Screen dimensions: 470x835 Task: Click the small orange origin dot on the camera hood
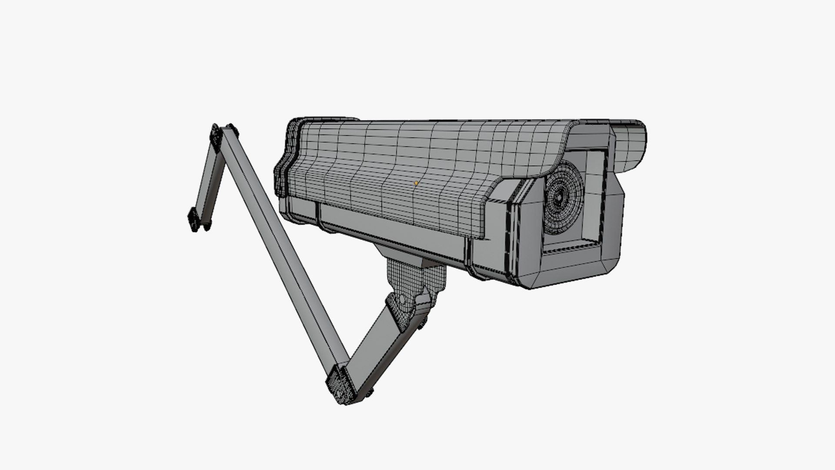[x=416, y=183]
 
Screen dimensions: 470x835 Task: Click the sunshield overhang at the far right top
[x=631, y=144]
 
